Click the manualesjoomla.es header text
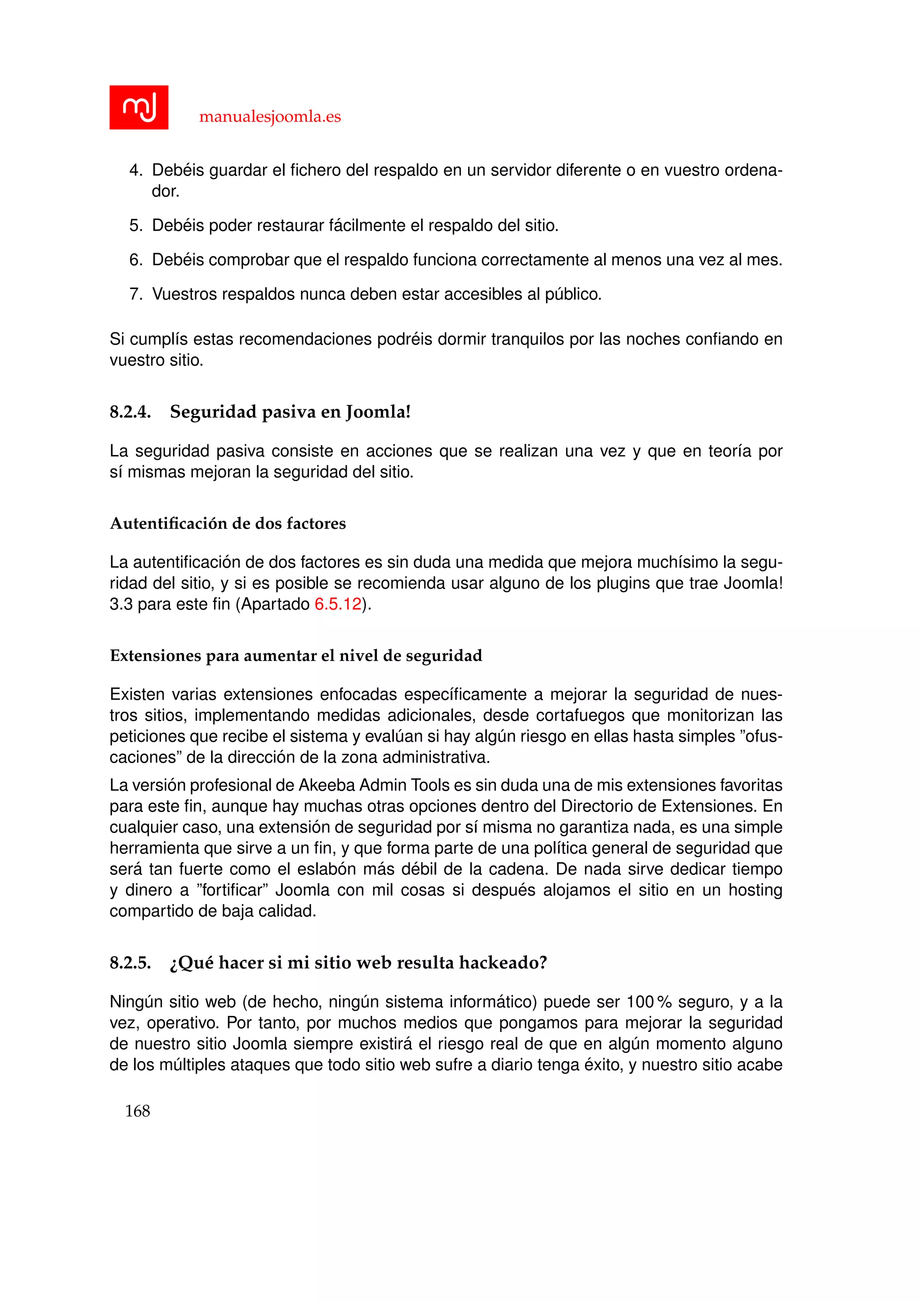(x=270, y=117)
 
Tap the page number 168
(x=137, y=1111)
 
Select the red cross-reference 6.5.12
(x=338, y=604)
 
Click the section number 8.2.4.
(x=130, y=412)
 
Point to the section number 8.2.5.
(x=130, y=963)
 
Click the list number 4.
(x=135, y=170)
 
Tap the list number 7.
(x=135, y=294)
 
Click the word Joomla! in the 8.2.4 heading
(x=378, y=412)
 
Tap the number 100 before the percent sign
(x=640, y=1002)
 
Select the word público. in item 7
(x=573, y=294)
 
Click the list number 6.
(x=135, y=260)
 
